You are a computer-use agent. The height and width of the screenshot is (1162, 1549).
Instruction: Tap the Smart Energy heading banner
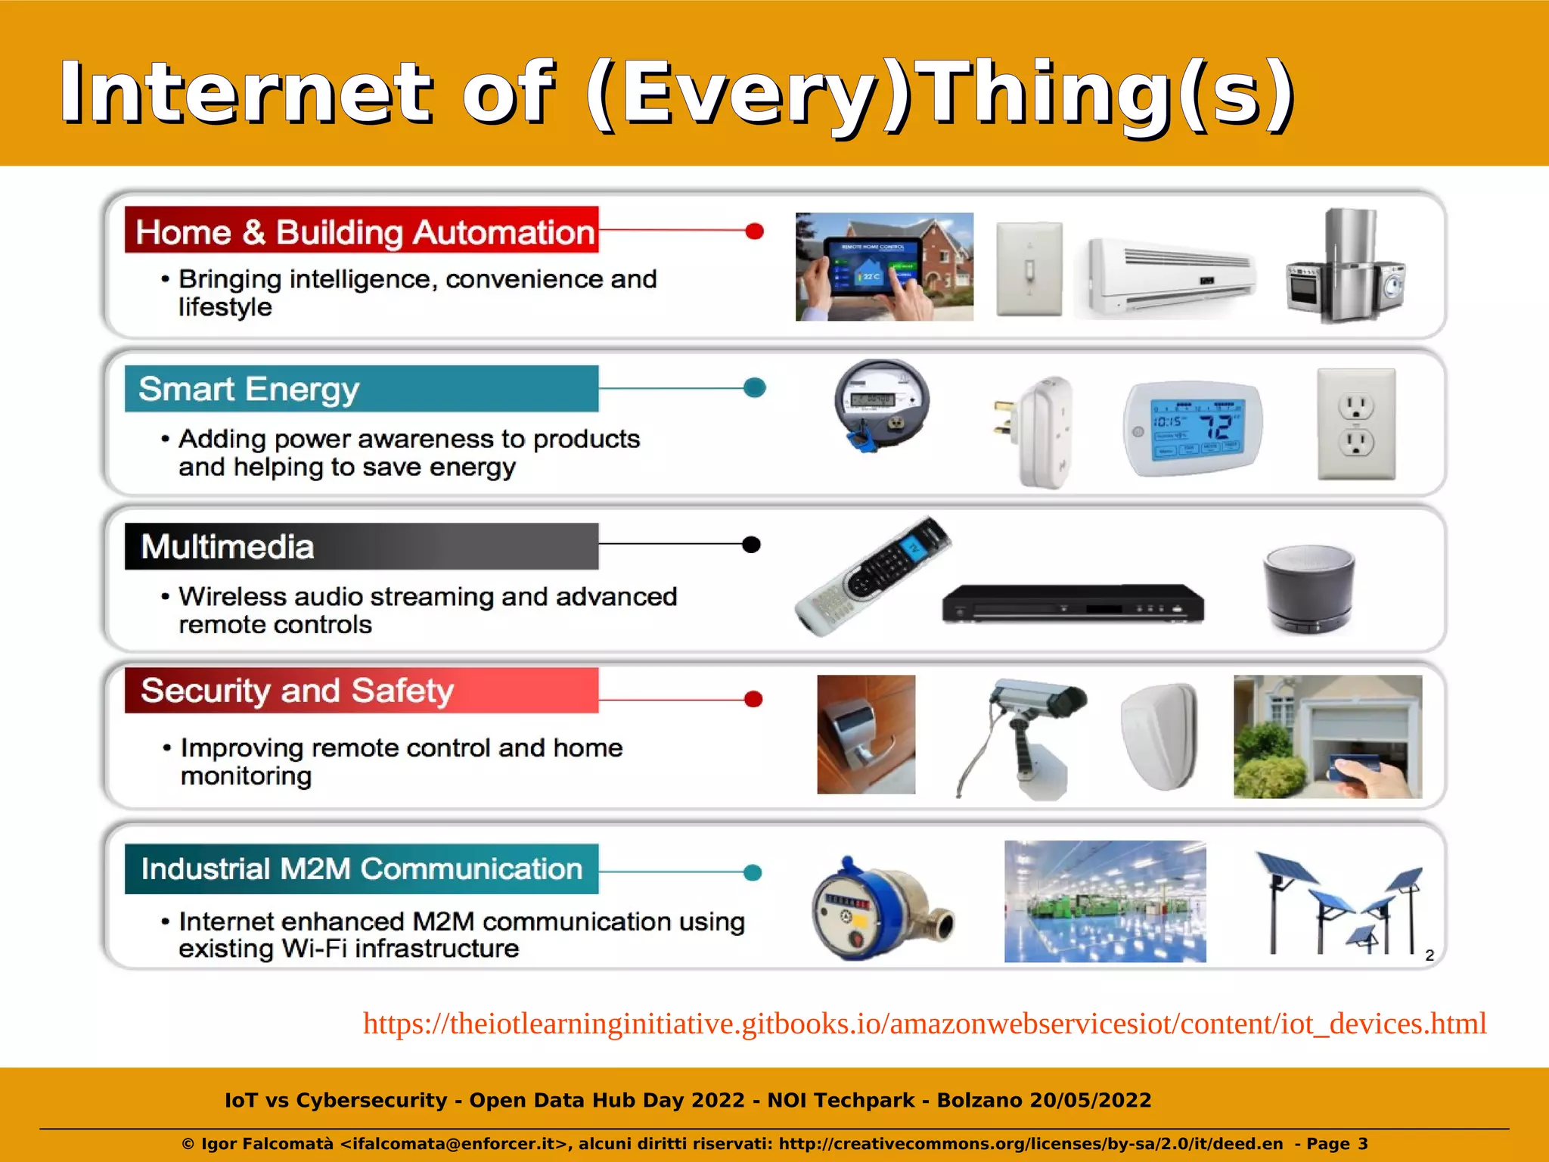pyautogui.click(x=362, y=389)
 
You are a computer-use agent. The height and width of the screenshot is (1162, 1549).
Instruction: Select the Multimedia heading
pyautogui.click(x=362, y=546)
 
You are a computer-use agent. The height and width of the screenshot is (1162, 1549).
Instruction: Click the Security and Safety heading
pyautogui.click(x=362, y=690)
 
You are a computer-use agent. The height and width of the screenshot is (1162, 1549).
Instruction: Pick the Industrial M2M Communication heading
pyautogui.click(x=362, y=868)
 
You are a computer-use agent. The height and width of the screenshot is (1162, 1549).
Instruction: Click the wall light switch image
pyautogui.click(x=1029, y=269)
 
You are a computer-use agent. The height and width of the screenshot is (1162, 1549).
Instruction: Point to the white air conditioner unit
pyautogui.click(x=1170, y=277)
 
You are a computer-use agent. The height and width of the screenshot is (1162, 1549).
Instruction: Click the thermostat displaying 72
pyautogui.click(x=1193, y=427)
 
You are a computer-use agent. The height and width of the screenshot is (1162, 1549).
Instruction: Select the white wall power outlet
pyautogui.click(x=1356, y=424)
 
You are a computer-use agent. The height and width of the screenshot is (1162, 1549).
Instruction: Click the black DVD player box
pyautogui.click(x=1073, y=604)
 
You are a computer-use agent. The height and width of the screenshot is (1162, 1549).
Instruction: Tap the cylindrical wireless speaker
pyautogui.click(x=1308, y=589)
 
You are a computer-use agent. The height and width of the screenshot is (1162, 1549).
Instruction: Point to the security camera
pyautogui.click(x=1029, y=726)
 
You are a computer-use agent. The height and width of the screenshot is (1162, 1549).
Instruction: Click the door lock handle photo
pyautogui.click(x=866, y=734)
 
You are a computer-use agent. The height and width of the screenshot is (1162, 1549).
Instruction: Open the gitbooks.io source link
pyautogui.click(x=924, y=1024)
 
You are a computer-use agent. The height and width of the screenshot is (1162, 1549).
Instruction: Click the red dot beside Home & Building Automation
pyautogui.click(x=754, y=231)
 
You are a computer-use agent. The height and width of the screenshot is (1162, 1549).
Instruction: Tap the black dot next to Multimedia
pyautogui.click(x=751, y=545)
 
